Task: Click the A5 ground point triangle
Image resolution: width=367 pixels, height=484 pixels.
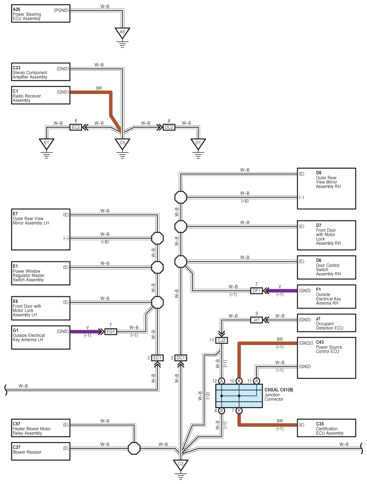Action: [x=122, y=32]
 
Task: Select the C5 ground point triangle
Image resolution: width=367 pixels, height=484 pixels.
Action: [x=122, y=143]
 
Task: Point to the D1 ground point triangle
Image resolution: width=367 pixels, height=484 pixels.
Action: [x=198, y=143]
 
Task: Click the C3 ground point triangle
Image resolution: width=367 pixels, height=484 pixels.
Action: [x=181, y=464]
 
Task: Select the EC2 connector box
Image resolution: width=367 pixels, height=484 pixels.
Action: [x=75, y=127]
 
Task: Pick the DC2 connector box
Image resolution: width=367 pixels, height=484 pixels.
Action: [x=169, y=127]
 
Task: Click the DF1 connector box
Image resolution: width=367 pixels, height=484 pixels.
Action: [x=256, y=291]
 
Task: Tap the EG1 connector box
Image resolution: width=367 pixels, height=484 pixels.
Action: [x=111, y=332]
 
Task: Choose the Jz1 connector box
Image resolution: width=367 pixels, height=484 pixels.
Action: [x=256, y=320]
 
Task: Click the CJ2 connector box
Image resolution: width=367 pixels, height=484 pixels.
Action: [x=221, y=340]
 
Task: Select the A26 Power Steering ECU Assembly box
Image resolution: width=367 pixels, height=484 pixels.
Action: [x=41, y=14]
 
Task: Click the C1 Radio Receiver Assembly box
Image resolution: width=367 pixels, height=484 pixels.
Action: [x=41, y=95]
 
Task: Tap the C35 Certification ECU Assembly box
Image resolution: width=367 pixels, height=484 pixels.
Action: [x=327, y=428]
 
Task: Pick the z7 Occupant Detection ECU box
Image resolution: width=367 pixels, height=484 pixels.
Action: [x=327, y=323]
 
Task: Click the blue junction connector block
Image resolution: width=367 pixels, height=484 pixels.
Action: [x=239, y=396]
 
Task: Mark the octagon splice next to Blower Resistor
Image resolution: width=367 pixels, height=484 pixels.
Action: [x=134, y=448]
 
